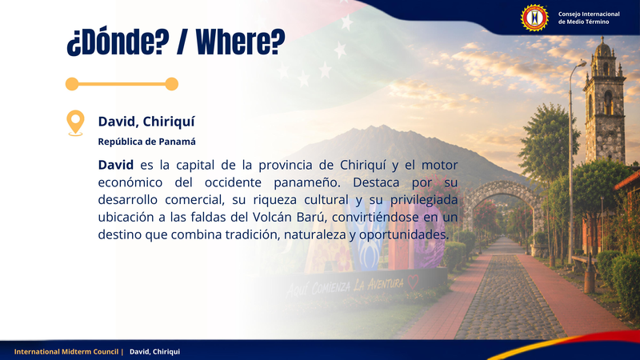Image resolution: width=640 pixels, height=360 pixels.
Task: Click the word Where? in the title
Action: [241, 42]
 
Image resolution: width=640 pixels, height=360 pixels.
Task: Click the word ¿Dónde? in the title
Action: [118, 42]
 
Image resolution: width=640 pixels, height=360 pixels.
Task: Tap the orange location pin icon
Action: [75, 123]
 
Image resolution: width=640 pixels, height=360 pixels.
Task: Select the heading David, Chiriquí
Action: [146, 122]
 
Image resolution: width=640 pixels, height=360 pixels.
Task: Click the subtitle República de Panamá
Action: [146, 142]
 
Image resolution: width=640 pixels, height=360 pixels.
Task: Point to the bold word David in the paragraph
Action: [115, 165]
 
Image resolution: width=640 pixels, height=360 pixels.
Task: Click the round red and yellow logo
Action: [534, 18]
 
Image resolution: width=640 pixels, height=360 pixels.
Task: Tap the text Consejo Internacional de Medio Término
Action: [589, 18]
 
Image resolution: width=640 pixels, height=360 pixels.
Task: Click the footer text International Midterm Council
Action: [66, 351]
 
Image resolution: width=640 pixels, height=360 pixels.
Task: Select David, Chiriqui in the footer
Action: [154, 351]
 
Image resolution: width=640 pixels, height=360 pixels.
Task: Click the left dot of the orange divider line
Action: [72, 84]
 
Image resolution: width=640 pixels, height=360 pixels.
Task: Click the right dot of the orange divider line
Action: [171, 84]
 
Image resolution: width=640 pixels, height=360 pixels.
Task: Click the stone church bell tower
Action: [605, 102]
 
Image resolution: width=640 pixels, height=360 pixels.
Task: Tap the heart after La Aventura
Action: [413, 282]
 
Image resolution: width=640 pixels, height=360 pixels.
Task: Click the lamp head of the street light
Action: [582, 63]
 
